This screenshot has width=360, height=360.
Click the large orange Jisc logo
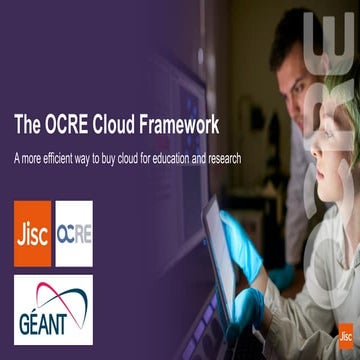[x=32, y=234]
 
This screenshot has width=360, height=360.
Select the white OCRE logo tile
[x=73, y=234]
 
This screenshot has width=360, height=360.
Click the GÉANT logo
[x=52, y=309]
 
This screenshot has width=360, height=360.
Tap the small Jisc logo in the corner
[x=346, y=336]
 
